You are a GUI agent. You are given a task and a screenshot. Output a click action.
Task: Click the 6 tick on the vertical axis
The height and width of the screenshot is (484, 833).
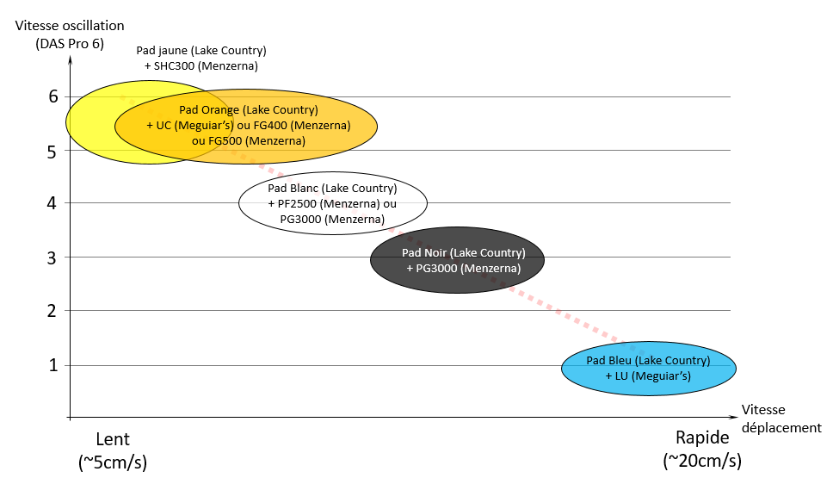pos(53,96)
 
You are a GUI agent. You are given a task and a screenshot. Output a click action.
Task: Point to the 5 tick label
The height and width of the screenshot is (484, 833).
pos(52,152)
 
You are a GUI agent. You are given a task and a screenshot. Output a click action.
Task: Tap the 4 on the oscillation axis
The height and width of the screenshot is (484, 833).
pos(52,202)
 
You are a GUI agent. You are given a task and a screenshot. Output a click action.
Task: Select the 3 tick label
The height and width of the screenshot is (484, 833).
pos(52,258)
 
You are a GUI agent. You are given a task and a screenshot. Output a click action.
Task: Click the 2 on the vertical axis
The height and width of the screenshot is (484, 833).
pos(52,311)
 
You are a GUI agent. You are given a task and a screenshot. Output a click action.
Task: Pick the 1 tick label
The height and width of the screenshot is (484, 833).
pos(53,365)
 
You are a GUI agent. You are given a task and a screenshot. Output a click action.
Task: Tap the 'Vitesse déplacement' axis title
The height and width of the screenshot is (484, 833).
pos(781,419)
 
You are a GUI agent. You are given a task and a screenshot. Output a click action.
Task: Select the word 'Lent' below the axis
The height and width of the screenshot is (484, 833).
pos(113,439)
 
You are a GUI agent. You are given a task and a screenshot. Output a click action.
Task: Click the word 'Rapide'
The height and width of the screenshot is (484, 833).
pos(702,437)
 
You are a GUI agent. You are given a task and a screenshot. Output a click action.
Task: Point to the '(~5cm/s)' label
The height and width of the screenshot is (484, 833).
pos(113,462)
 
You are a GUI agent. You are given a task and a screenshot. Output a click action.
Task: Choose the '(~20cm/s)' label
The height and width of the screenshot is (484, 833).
pos(702,460)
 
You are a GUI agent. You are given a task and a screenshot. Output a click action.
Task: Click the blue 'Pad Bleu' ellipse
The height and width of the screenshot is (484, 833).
pos(649,368)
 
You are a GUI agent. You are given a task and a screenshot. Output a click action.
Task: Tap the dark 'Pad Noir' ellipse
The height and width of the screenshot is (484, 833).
pos(458,260)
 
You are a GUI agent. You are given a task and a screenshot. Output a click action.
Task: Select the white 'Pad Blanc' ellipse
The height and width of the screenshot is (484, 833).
pos(333,203)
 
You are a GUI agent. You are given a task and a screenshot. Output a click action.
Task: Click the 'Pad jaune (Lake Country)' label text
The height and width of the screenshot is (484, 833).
pos(201,51)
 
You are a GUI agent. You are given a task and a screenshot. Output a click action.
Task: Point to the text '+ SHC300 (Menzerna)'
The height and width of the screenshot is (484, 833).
pos(201,66)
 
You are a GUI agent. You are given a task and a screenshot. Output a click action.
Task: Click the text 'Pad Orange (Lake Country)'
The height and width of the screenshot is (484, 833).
pos(249,110)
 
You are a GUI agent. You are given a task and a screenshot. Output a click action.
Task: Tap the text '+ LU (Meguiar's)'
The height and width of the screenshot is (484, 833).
pos(648,376)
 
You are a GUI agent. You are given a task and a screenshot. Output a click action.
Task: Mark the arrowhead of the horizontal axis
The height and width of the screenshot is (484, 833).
pos(735,418)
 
